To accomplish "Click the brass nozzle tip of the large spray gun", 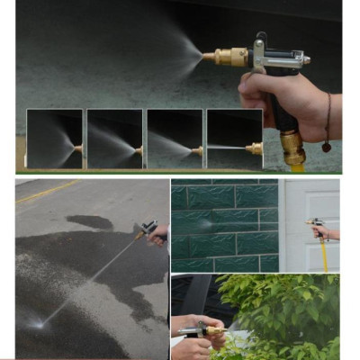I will [214, 57].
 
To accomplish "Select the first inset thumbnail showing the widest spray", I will [54, 139].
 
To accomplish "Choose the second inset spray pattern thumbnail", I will [114, 139].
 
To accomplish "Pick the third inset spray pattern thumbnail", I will [174, 139].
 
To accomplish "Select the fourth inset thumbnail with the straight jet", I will [234, 139].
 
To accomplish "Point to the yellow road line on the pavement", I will [45, 192].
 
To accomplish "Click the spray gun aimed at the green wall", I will [315, 224].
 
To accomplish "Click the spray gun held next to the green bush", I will [202, 331].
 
